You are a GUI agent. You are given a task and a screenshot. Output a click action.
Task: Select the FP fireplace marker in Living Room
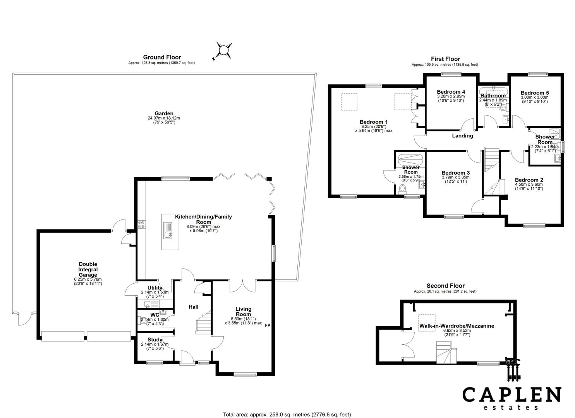pyautogui.click(x=267, y=325)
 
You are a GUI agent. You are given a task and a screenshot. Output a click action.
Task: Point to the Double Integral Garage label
pyautogui.click(x=88, y=269)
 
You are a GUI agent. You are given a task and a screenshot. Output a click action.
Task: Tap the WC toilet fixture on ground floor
pyautogui.click(x=140, y=320)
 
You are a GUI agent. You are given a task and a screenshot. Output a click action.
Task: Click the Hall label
pyautogui.click(x=193, y=307)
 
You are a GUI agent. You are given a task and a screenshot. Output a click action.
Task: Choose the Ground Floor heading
pyautogui.click(x=162, y=57)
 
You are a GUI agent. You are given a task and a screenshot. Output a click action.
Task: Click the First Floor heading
pyautogui.click(x=445, y=59)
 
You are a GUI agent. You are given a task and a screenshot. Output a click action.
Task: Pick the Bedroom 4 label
pyautogui.click(x=451, y=92)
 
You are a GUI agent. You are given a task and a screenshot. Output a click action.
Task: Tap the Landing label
pyautogui.click(x=463, y=136)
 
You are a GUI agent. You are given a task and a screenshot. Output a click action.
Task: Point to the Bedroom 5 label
pyautogui.click(x=534, y=93)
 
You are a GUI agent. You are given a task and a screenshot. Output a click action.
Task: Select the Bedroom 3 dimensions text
pyautogui.click(x=455, y=179)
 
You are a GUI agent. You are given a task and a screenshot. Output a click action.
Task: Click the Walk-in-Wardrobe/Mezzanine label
pyautogui.click(x=457, y=326)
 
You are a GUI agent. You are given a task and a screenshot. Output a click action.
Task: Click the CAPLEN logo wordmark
pyautogui.click(x=511, y=395)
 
